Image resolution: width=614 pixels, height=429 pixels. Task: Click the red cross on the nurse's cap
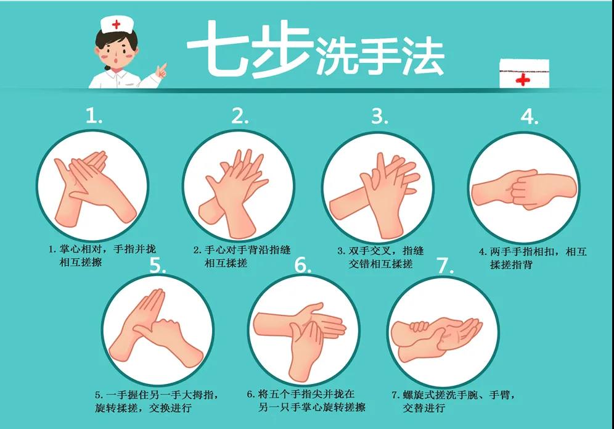117,25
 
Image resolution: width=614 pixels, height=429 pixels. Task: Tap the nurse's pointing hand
161,70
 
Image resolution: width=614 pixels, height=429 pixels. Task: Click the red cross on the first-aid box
523,79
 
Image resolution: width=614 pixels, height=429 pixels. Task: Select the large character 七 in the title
214,49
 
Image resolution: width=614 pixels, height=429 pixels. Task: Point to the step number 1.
94,115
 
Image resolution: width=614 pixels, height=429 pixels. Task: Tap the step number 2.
240,115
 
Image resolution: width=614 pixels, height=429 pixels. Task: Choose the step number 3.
379,117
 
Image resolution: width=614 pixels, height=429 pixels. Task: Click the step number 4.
530,117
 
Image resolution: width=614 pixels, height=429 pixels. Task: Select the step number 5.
158,265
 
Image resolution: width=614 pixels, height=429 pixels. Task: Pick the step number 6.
302,265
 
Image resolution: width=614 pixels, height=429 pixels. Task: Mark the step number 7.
445,266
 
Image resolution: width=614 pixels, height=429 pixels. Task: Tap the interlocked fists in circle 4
525,190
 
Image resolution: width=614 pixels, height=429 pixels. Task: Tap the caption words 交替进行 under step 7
424,408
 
